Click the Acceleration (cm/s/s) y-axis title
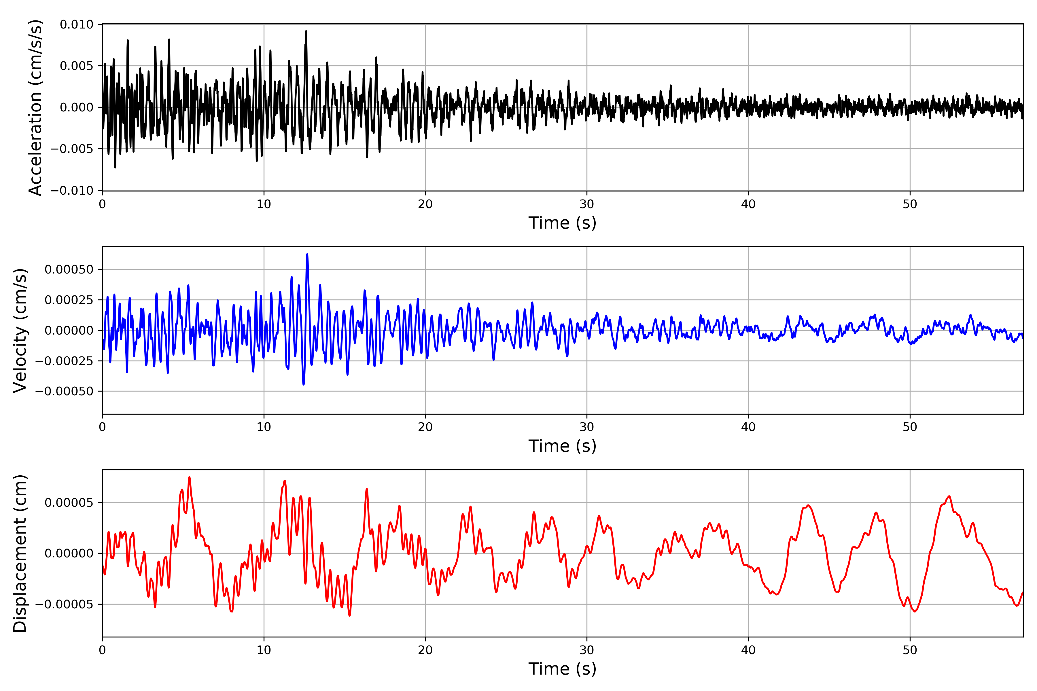[35, 107]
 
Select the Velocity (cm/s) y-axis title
[20, 331]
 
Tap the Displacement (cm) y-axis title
[20, 553]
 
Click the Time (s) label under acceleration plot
[562, 223]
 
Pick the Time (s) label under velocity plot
[562, 446]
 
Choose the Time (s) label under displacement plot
[562, 669]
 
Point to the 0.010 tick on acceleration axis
[77, 25]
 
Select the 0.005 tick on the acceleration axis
[77, 66]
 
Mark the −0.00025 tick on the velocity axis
[64, 361]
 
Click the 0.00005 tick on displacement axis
[69, 503]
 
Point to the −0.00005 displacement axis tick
[64, 604]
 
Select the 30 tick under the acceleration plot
[587, 204]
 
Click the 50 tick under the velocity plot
[910, 427]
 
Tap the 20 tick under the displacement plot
[425, 650]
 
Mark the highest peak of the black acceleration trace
[306, 31]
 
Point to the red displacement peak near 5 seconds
[189, 477]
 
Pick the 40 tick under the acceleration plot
[748, 204]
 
